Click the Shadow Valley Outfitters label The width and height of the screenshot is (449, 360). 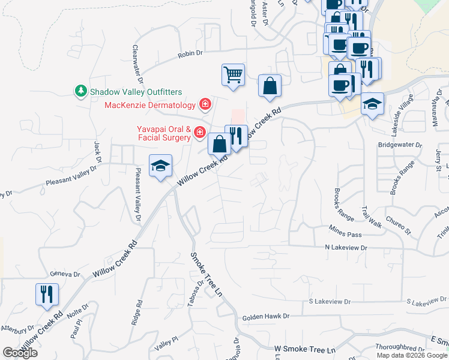coord(136,92)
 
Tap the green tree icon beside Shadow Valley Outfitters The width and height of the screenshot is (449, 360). coord(80,91)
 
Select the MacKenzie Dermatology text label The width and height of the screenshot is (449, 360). coord(150,106)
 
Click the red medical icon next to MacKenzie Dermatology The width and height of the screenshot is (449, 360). coord(205,105)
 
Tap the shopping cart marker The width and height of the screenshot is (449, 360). coord(233,76)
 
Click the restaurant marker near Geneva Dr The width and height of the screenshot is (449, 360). coord(47,294)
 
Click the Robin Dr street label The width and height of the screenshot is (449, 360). coord(190,55)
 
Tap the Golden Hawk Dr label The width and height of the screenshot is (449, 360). coord(265,316)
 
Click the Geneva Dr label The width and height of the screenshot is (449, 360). coord(65,274)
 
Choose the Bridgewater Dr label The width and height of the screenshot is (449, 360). coord(400,145)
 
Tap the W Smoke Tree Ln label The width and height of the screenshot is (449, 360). coord(304,349)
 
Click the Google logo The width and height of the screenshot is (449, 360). coord(20,353)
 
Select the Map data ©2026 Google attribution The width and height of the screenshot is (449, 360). coord(412,355)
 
